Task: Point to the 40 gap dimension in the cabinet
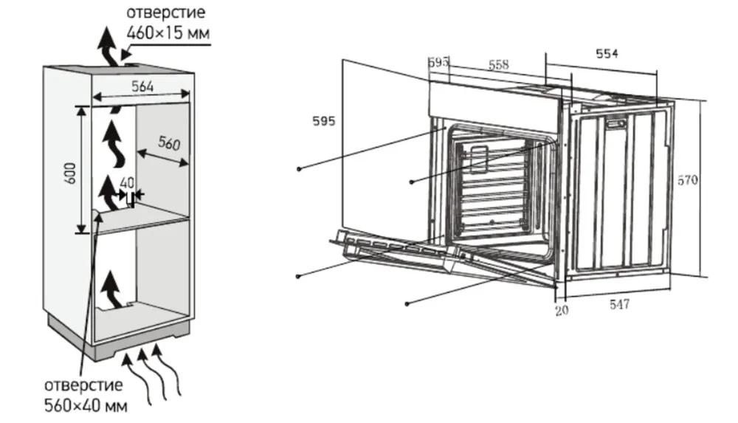127,182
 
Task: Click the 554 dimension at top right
607,53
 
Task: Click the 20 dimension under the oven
562,311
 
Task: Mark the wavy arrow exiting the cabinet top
108,46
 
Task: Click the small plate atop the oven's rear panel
617,125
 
